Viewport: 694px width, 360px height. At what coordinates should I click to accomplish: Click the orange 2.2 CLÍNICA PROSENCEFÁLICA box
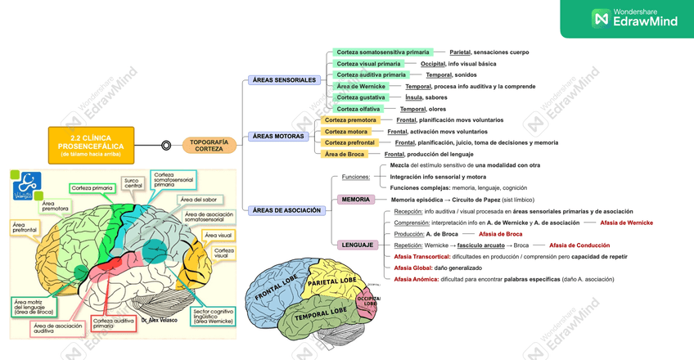pos(91,144)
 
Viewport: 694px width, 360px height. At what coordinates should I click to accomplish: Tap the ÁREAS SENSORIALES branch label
pos(284,80)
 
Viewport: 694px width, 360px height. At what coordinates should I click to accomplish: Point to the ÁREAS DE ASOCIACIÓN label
pos(286,210)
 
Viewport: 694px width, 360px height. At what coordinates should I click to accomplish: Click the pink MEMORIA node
pos(356,199)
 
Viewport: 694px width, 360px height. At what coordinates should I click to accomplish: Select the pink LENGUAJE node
pos(358,245)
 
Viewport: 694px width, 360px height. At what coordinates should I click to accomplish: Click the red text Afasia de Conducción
pos(579,245)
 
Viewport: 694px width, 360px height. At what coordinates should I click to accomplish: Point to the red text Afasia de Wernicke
pos(626,222)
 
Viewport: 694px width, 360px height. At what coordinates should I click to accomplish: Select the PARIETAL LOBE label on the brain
pos(330,282)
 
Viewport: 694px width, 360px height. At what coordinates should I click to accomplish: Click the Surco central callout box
pos(133,182)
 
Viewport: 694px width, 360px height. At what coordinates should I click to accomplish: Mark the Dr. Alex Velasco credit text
pos(159,320)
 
